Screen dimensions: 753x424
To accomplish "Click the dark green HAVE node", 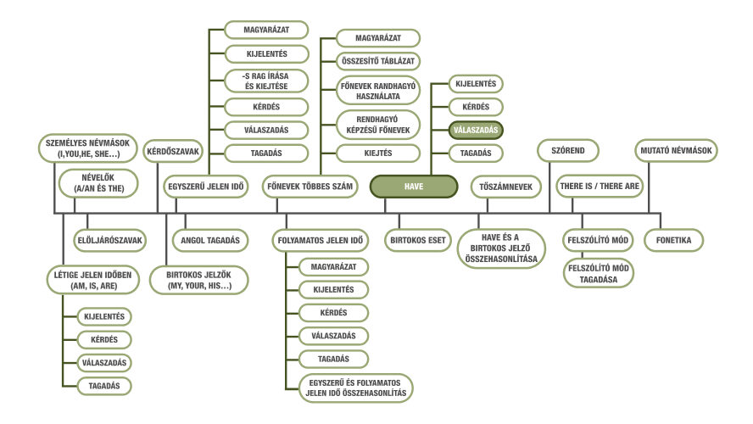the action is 414,187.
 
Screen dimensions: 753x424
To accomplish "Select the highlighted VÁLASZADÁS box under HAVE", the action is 476,130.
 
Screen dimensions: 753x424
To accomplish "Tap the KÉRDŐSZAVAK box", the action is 173,151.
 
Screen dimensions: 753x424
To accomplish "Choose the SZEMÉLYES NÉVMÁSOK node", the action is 88,148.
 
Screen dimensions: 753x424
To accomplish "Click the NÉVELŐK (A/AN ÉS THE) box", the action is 98,183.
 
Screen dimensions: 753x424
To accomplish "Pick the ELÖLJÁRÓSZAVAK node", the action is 110,240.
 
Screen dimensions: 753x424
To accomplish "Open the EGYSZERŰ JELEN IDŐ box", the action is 205,187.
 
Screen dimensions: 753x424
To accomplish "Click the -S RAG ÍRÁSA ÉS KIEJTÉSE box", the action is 266,81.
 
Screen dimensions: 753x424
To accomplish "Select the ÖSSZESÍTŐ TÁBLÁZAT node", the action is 378,61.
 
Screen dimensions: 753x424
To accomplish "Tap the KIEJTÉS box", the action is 378,153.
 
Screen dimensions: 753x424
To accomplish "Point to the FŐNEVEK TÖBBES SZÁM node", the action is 310,187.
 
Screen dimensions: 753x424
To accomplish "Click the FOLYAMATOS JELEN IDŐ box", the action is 321,240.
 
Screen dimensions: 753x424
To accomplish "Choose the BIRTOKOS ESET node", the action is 418,240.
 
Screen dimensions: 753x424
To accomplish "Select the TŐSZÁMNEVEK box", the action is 505,187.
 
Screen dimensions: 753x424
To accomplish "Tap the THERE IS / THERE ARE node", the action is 600,187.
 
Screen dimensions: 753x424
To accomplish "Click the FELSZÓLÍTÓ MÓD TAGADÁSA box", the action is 599,274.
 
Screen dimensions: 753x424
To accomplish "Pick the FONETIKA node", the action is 673,240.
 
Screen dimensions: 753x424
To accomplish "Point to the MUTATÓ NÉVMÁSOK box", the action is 676,151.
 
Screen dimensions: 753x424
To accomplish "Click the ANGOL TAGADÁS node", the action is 210,240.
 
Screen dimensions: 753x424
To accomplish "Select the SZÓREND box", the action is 568,151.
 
